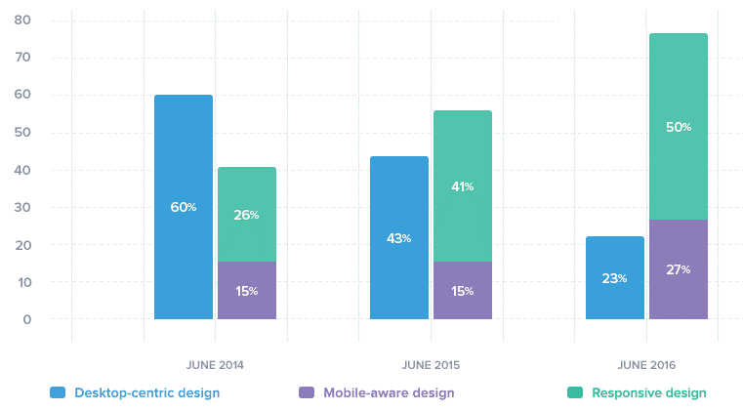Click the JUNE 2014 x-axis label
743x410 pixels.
(x=215, y=365)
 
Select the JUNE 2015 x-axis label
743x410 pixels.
(x=431, y=365)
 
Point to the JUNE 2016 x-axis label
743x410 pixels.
(x=646, y=365)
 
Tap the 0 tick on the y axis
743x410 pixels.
(x=27, y=319)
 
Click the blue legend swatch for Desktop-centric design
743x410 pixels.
(x=57, y=392)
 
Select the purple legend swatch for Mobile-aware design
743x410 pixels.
(x=304, y=392)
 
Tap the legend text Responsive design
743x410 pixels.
(x=649, y=392)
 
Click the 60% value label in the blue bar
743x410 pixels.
(x=185, y=207)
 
